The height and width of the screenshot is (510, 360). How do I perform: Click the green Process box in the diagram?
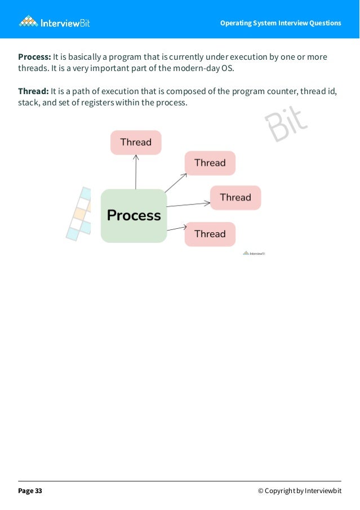tap(134, 215)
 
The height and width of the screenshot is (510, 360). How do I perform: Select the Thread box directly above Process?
tap(136, 142)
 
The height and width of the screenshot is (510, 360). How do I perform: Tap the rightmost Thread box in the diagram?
tap(235, 197)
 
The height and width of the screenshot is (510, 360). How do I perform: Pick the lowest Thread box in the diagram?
tap(210, 234)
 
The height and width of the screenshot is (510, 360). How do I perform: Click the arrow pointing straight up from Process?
tap(136, 171)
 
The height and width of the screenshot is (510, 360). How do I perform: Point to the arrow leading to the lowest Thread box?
tap(176, 228)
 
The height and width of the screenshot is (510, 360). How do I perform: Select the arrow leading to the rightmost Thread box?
tap(188, 203)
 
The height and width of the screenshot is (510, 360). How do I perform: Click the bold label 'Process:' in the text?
tap(34, 57)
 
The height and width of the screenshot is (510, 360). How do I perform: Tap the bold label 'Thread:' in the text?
tap(33, 91)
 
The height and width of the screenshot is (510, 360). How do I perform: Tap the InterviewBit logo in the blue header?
tap(55, 22)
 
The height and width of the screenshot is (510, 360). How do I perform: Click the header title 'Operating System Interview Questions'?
tap(281, 23)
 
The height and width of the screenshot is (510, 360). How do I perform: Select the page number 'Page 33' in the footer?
tap(30, 491)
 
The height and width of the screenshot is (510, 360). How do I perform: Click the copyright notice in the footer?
tap(300, 491)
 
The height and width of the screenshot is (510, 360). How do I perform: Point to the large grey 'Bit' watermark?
tap(286, 126)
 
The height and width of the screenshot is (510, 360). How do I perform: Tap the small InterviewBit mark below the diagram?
tap(254, 253)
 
